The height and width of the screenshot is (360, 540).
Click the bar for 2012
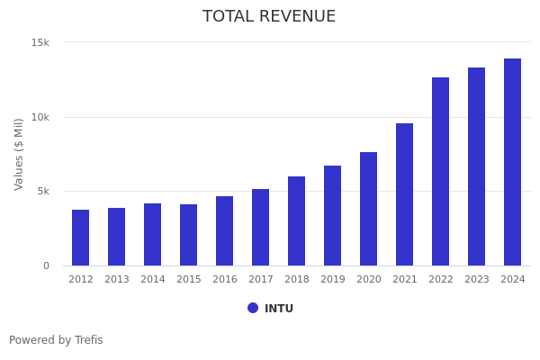[x=81, y=238]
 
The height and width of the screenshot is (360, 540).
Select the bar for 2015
[x=189, y=235]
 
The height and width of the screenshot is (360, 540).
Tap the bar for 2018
[x=297, y=220]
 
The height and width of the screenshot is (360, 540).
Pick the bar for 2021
[x=405, y=194]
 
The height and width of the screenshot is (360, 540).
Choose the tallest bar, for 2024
[x=513, y=162]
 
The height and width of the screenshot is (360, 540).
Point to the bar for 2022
[x=441, y=171]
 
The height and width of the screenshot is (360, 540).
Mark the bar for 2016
[x=225, y=230]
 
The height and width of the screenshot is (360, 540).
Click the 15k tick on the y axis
[x=40, y=42]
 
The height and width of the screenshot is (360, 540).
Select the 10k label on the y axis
[x=40, y=117]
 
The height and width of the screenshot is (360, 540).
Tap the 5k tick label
[x=43, y=191]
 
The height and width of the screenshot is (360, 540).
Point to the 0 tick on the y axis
[x=46, y=265]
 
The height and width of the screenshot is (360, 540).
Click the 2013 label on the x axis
[x=117, y=280]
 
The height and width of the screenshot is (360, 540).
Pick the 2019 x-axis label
[x=333, y=280]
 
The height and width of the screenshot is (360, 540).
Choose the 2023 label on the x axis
[x=477, y=280]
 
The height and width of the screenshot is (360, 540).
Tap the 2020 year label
[x=369, y=280]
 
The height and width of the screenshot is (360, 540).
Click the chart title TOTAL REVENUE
[x=269, y=17]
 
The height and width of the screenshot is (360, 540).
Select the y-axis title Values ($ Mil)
[x=19, y=154]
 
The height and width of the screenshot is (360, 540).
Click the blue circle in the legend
[x=253, y=308]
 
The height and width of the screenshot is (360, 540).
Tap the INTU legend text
[x=279, y=309]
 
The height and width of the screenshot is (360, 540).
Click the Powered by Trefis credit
[x=56, y=340]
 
